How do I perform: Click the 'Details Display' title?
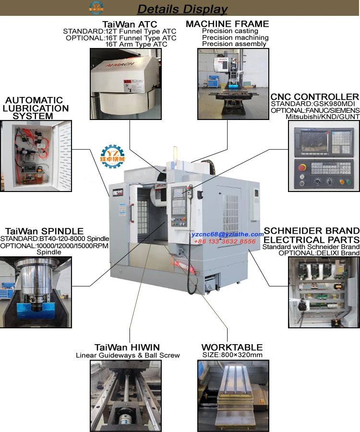182,9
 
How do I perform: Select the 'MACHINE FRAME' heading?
227,24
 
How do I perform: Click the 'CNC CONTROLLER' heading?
314,96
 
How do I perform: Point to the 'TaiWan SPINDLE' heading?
44,231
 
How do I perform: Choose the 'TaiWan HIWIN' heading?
127,347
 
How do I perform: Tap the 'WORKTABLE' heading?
232,347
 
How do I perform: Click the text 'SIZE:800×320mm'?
232,355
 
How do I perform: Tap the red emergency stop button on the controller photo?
302,168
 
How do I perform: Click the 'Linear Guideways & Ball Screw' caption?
128,355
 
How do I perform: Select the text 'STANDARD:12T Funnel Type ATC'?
120,31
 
